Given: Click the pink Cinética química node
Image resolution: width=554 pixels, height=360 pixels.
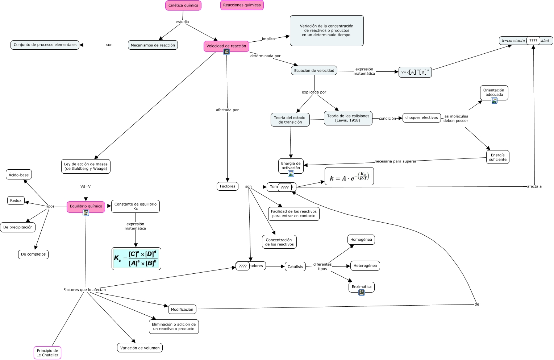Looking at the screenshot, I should (183, 5).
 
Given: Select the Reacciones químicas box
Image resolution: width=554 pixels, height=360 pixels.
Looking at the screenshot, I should (242, 5).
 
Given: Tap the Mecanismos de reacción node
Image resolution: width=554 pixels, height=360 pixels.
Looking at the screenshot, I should (153, 45).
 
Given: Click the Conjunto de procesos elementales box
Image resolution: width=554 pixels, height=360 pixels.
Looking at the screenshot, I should (45, 45).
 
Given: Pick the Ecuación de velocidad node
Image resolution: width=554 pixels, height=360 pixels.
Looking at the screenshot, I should (314, 71).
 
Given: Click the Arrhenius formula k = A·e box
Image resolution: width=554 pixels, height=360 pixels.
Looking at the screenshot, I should (349, 177).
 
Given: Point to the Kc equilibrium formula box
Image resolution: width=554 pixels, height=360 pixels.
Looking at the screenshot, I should (136, 258).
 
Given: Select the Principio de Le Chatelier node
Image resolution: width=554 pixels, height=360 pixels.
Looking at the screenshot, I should (47, 353).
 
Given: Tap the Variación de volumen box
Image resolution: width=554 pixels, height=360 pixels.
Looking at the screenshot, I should (140, 348).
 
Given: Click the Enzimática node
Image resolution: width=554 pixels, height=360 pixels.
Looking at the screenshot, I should (361, 287).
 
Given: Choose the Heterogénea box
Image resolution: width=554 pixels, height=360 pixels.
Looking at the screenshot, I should (365, 266).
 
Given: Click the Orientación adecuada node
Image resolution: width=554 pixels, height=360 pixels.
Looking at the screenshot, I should (494, 92).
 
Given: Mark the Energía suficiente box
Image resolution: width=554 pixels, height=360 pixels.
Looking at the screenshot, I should (497, 157).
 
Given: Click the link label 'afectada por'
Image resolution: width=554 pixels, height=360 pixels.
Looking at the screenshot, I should (227, 110).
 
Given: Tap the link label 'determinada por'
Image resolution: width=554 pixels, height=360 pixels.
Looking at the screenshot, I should (265, 56).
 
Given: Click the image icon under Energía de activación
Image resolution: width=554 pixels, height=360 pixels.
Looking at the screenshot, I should (291, 174).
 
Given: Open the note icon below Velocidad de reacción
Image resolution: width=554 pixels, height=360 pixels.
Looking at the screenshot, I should (226, 52).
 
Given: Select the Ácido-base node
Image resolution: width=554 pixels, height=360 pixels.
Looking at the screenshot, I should (19, 175).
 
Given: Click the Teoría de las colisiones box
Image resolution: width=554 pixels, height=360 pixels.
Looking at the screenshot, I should (348, 118).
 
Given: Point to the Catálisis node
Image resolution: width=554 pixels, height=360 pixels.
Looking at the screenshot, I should (295, 267).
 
